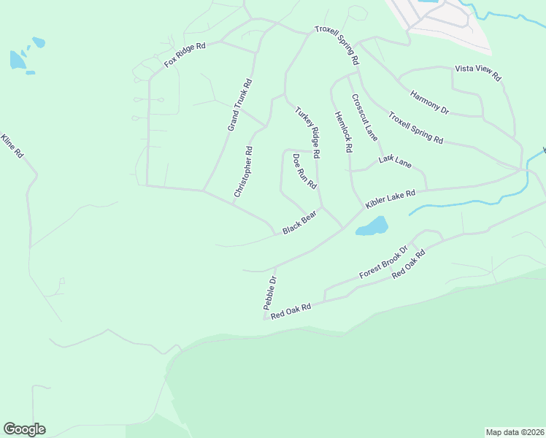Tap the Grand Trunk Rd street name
tap(239, 105)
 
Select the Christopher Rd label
tap(243, 172)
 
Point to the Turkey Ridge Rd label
tap(308, 133)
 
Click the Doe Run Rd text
tap(304, 172)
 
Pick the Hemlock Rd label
tap(344, 131)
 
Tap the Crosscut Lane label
tap(364, 117)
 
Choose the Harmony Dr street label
tap(429, 102)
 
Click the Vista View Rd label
tap(478, 72)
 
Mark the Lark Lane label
tap(396, 161)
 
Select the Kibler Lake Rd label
tap(391, 198)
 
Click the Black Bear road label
tap(303, 222)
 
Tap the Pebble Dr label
tap(270, 291)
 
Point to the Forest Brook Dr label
tap(382, 264)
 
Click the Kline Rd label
tap(13, 147)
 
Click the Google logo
tap(24, 429)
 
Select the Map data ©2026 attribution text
tap(515, 432)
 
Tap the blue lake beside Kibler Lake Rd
tap(371, 226)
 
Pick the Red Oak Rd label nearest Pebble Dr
tap(291, 312)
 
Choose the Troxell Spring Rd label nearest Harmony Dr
tap(415, 128)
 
